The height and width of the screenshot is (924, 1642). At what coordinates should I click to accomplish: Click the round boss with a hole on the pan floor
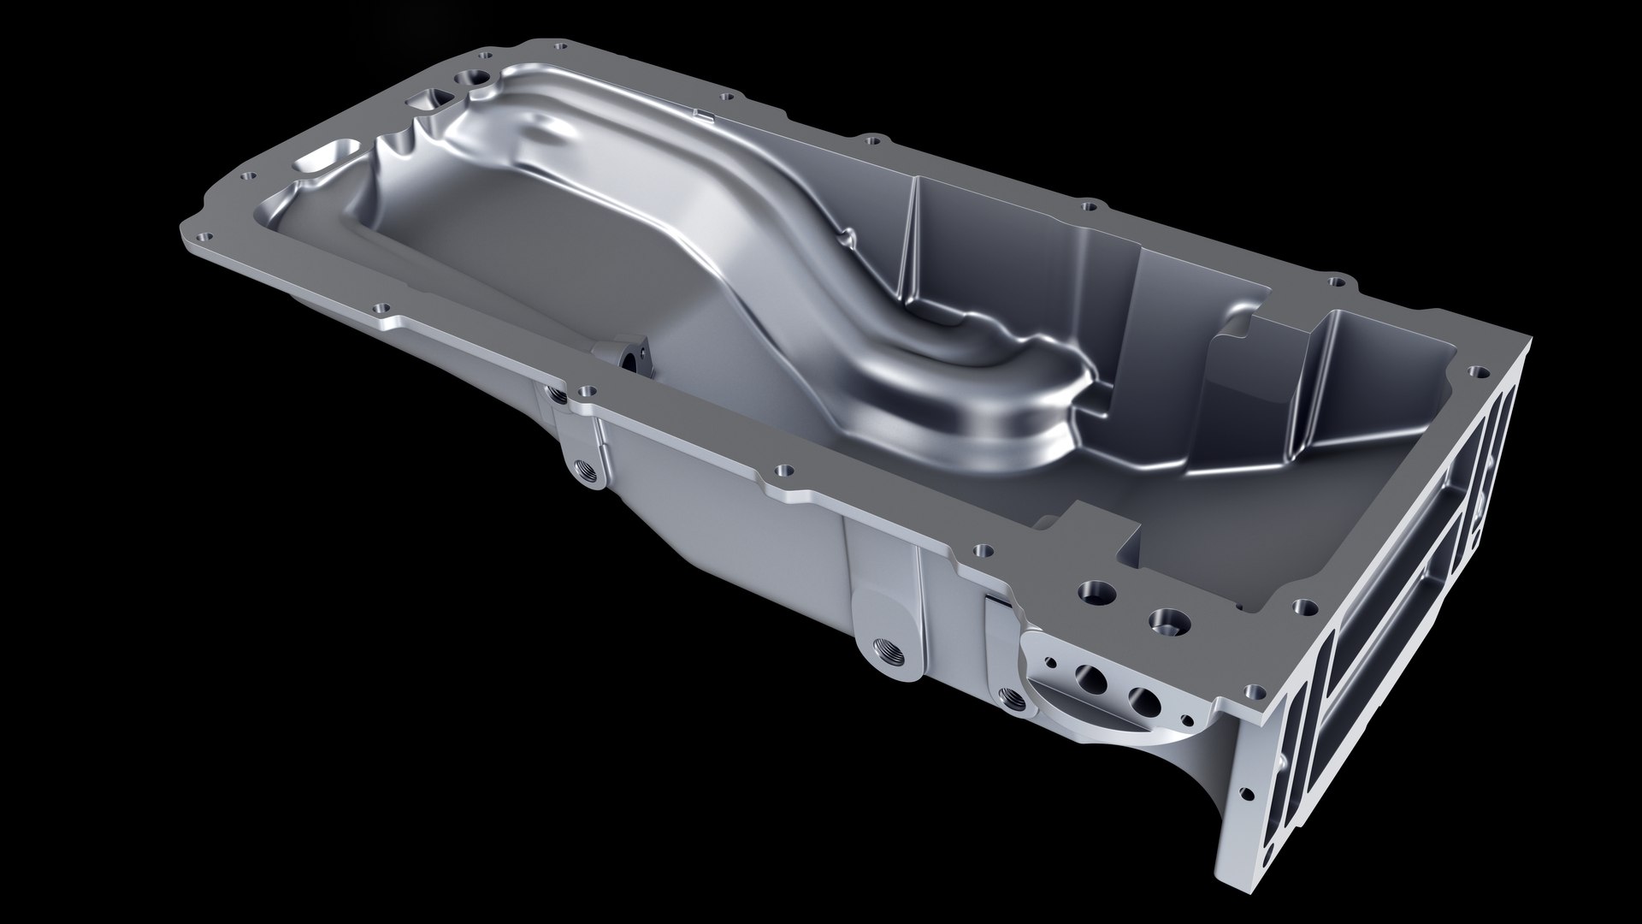pyautogui.click(x=634, y=357)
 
